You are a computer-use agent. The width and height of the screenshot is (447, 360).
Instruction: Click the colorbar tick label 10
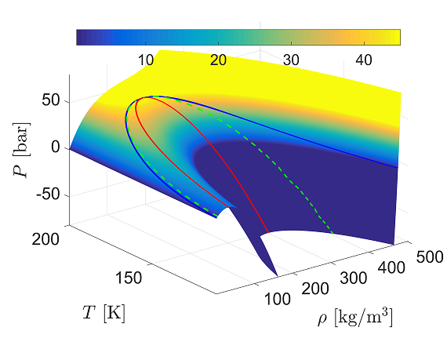pos(145,60)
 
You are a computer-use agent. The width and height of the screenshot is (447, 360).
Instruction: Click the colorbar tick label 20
pos(219,60)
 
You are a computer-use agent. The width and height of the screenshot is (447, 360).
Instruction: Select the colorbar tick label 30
pos(292,60)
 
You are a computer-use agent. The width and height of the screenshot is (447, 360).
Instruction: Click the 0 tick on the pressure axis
pos(55,147)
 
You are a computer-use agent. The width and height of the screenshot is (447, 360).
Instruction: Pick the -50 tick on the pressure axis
pos(47,194)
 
